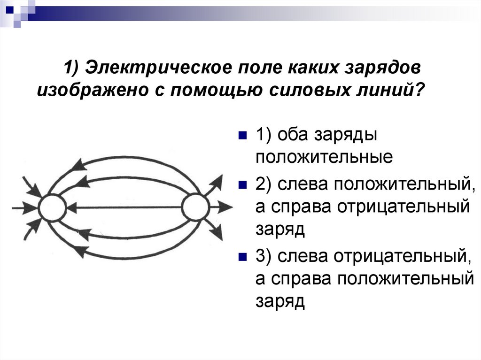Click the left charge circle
point(52,207)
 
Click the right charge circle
point(195,207)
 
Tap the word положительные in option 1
point(324,157)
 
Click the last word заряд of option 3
point(280,300)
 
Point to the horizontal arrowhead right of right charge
point(226,207)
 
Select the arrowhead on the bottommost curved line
point(80,251)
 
